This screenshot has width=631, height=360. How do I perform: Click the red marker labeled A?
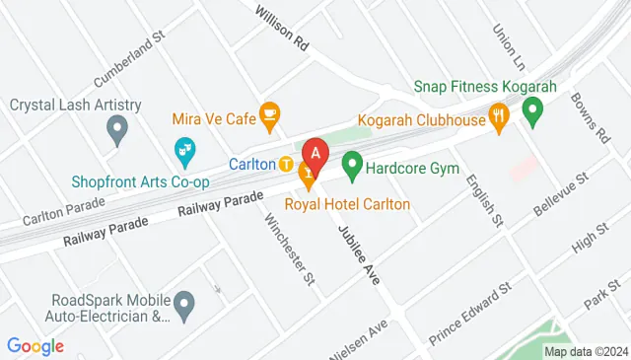[x=315, y=155]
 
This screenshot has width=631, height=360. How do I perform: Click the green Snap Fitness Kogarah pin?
[x=533, y=113]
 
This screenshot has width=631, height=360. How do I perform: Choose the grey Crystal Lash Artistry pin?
[x=117, y=128]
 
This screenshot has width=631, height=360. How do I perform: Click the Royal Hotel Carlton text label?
[x=347, y=204]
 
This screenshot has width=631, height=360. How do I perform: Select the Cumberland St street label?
[x=125, y=63]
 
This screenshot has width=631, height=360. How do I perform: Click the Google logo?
[x=35, y=346]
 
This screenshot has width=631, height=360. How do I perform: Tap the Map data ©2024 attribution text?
[x=585, y=351]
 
